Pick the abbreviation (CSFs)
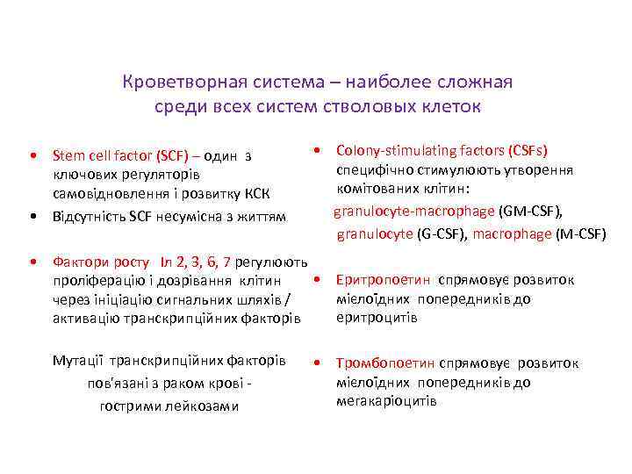[532, 151]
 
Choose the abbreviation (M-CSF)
[582, 233]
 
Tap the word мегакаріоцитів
[386, 400]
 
